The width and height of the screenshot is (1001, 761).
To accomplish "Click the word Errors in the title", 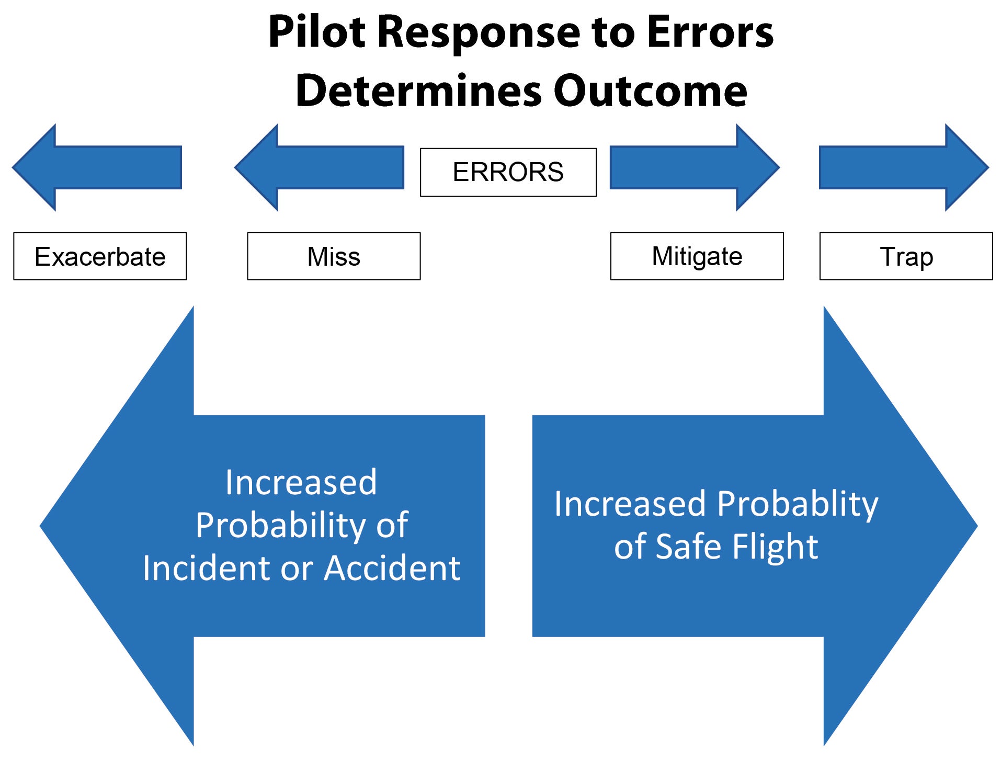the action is (x=710, y=32).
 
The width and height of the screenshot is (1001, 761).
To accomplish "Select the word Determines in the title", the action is (x=418, y=91).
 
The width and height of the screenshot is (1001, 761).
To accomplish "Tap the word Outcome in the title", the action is (x=650, y=91).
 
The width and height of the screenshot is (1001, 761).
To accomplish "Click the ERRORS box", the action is (x=508, y=172).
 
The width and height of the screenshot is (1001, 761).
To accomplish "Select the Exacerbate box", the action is (x=100, y=256).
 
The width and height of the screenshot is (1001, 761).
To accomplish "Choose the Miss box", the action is (x=334, y=256).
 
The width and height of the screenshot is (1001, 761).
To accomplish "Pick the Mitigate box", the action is (x=697, y=256).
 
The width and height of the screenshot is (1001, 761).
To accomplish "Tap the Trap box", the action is (x=906, y=256).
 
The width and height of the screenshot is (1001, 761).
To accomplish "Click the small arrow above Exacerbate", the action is (x=97, y=167).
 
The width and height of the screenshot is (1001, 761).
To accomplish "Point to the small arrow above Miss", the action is (x=319, y=167).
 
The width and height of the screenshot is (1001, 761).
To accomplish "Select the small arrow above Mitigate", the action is (x=695, y=167).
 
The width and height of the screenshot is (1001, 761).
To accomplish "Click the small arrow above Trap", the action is (x=904, y=167).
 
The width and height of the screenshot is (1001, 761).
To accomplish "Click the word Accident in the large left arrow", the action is (x=392, y=568).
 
